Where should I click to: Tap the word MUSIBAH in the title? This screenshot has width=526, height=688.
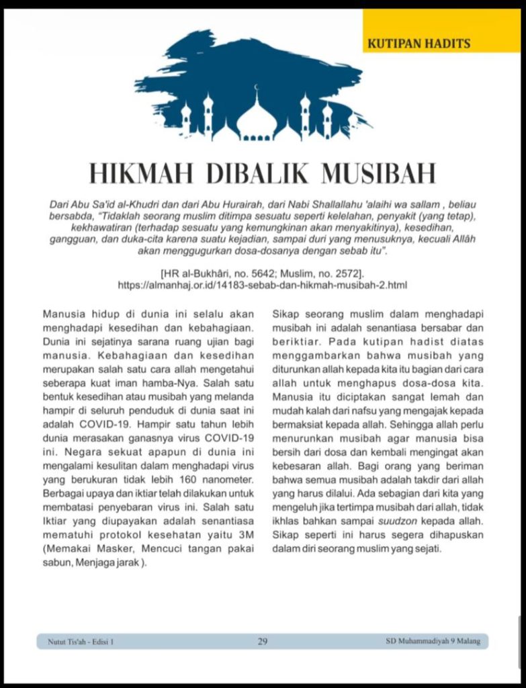pyautogui.click(x=379, y=173)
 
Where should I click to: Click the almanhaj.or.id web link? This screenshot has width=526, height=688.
pyautogui.click(x=262, y=285)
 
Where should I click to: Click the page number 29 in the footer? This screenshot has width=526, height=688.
pyautogui.click(x=263, y=642)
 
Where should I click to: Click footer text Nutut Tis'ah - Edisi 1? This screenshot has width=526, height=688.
pyautogui.click(x=81, y=642)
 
